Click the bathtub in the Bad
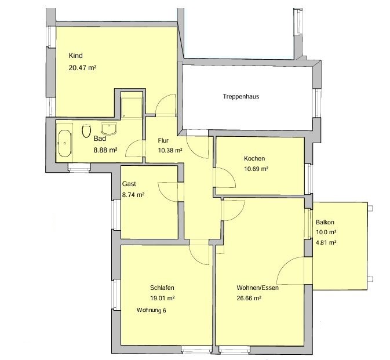(65, 143)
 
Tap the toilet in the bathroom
(86, 131)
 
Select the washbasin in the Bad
(109, 128)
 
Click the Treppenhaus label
(240, 97)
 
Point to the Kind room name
(75, 56)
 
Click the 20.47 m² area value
(82, 68)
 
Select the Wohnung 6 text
(151, 310)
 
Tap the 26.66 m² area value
(249, 298)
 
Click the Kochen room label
(254, 158)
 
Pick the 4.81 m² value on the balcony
(326, 242)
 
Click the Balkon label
(325, 222)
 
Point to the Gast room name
(129, 184)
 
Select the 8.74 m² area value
(133, 195)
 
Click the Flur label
(163, 140)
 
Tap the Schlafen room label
(162, 288)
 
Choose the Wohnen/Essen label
(257, 288)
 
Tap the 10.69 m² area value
(256, 169)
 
